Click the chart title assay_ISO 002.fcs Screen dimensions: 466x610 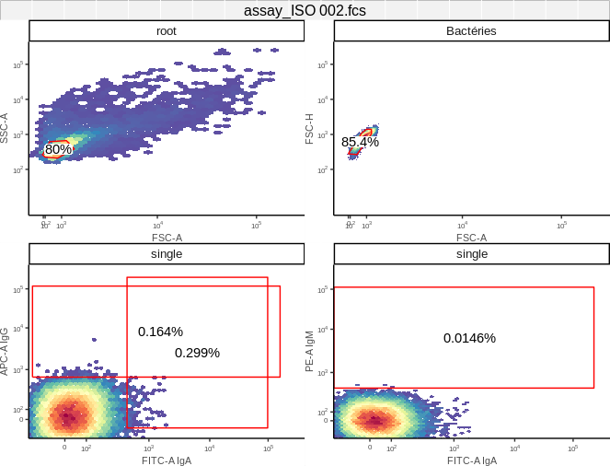pos(305,10)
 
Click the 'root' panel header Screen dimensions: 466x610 pos(167,31)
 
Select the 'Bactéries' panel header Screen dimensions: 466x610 pos(471,31)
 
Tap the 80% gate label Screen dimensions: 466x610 pos(58,149)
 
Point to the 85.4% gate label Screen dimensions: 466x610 pos(360,142)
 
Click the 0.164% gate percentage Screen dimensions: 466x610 pos(160,332)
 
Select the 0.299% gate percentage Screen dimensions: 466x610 pos(197,353)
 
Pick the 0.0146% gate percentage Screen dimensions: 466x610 pos(469,338)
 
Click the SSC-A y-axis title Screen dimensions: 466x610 pos(6,128)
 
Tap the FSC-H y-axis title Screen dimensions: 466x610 pos(311,128)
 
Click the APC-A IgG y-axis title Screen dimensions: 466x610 pos(6,351)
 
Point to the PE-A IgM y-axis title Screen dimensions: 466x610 pos(311,351)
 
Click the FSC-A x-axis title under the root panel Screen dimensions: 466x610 pos(167,238)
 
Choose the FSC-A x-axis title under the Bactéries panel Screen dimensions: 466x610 pos(471,238)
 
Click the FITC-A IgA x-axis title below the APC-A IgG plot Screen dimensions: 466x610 pos(167,460)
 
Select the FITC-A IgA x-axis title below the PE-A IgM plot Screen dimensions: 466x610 pos(471,460)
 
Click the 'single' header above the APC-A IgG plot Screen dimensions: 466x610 pos(167,254)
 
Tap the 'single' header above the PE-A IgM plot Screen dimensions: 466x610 pos(471,254)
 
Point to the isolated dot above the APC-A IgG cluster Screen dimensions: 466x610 pos(92,338)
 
